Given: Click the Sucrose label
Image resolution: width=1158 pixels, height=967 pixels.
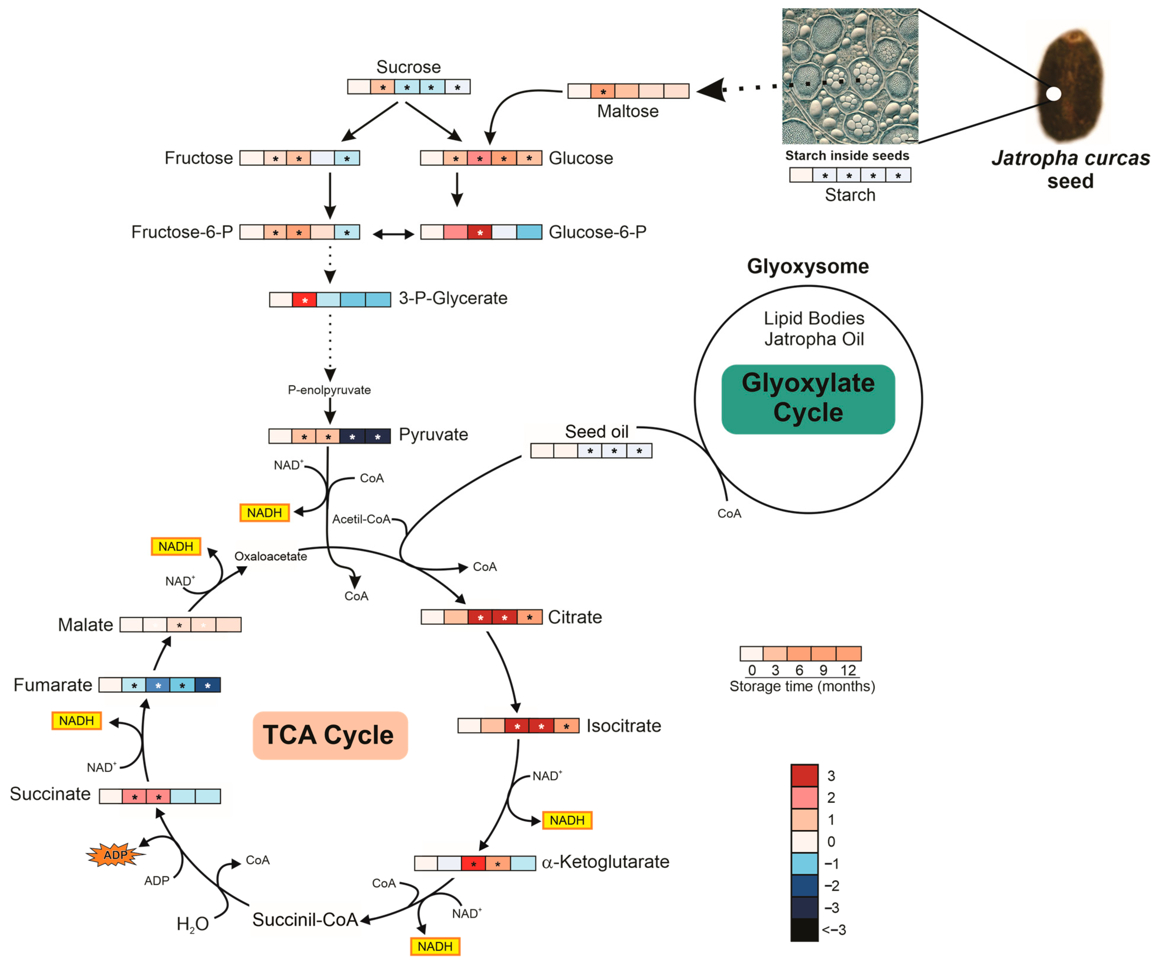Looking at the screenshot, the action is pyautogui.click(x=408, y=67).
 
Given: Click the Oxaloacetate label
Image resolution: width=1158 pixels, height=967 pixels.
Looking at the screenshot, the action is pyautogui.click(x=271, y=556).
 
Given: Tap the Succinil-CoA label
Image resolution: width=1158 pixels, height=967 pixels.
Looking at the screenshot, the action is pyautogui.click(x=305, y=920).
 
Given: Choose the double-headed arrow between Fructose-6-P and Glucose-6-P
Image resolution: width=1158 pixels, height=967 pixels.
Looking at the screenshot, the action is pyautogui.click(x=393, y=234).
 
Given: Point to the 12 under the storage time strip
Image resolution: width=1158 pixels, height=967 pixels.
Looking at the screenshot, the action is pyautogui.click(x=848, y=670).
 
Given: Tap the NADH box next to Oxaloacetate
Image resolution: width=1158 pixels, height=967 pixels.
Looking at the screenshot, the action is pyautogui.click(x=176, y=546).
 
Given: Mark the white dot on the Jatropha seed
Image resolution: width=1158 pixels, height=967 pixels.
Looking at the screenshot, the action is pyautogui.click(x=1053, y=94).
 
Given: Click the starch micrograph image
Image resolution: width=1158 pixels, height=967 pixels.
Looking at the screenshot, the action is pyautogui.click(x=850, y=76).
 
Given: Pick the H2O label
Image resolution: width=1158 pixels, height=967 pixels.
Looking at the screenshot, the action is pyautogui.click(x=193, y=924).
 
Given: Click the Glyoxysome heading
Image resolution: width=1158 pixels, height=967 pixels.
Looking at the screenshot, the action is pyautogui.click(x=808, y=266).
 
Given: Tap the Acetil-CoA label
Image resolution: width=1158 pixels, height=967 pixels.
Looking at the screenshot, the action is pyautogui.click(x=361, y=519).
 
